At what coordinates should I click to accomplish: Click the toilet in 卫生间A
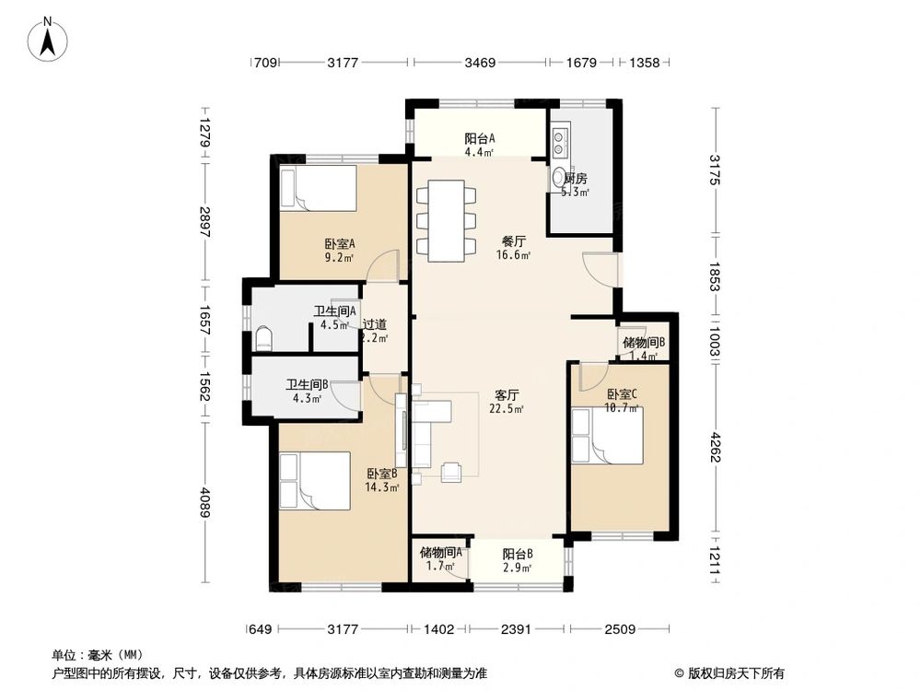pyautogui.click(x=262, y=337)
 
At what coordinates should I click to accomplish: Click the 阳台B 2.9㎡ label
pyautogui.click(x=518, y=560)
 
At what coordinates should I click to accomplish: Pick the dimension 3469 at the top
pyautogui.click(x=480, y=63)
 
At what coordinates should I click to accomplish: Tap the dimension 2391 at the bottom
pyautogui.click(x=518, y=630)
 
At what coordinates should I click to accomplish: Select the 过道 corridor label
pyautogui.click(x=374, y=330)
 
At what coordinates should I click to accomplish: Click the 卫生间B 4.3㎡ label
pyautogui.click(x=307, y=392)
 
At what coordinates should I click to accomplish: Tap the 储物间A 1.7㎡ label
pyautogui.click(x=440, y=559)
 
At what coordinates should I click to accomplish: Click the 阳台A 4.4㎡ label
pyautogui.click(x=480, y=146)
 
